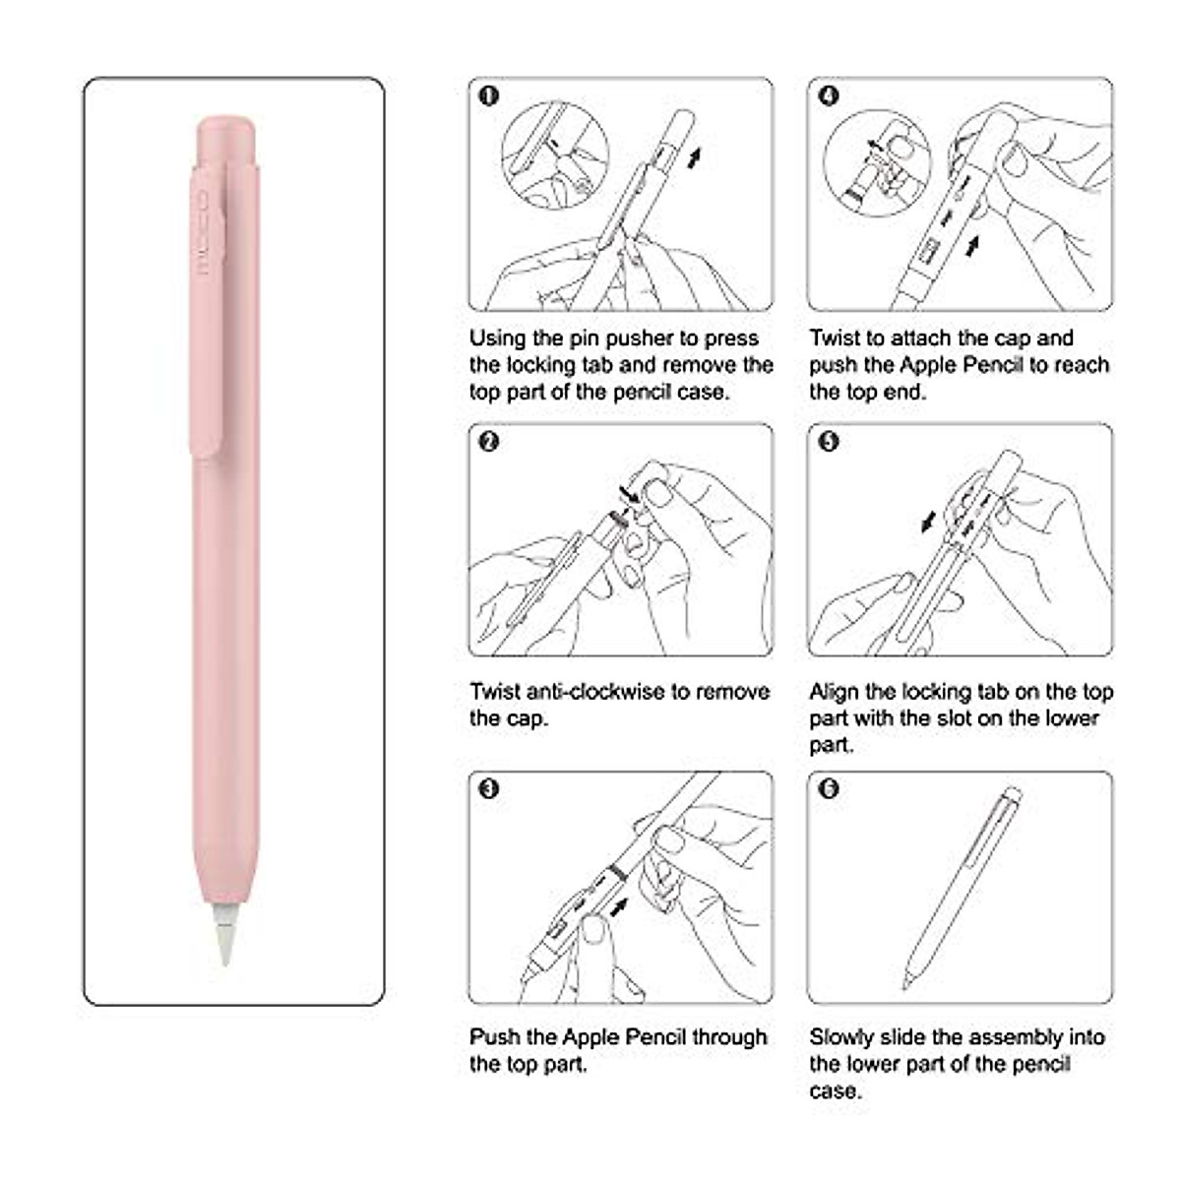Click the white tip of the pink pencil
224,935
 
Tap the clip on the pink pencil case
207,315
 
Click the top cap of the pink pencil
226,138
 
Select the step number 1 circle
489,95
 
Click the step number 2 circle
489,442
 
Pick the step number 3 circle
489,788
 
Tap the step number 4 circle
829,95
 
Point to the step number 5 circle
829,442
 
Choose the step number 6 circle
829,788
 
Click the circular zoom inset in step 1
547,155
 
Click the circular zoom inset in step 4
877,162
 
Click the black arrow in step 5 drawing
928,522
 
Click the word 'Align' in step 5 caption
834,692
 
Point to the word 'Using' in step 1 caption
497,339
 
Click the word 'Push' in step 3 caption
494,1037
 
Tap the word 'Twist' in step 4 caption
835,339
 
